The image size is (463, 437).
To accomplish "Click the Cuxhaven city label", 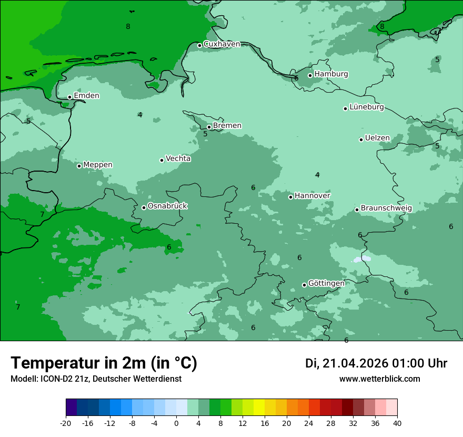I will click(x=222, y=44).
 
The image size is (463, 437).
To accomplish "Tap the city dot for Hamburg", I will click(x=310, y=75).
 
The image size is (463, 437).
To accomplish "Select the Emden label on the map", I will click(x=86, y=96).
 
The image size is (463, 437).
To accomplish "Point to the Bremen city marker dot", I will click(x=209, y=127).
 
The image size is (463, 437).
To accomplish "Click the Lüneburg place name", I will click(x=367, y=107).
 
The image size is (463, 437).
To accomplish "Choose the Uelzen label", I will click(x=377, y=138).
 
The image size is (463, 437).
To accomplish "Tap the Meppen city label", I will click(x=98, y=165).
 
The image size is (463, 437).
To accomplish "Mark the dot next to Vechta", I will click(x=162, y=160).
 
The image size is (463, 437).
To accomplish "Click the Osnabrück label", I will click(x=167, y=206).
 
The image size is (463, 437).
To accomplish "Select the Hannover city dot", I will click(x=290, y=197).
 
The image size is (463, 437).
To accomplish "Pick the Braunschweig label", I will click(x=386, y=208).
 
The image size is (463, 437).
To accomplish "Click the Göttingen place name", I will click(x=326, y=284).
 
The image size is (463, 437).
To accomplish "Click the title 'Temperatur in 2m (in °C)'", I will click(x=104, y=363).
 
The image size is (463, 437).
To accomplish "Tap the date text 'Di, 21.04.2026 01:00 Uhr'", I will click(x=376, y=363).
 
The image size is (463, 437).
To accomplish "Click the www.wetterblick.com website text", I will click(x=379, y=379).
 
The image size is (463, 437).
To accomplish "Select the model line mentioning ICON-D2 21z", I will click(x=96, y=379).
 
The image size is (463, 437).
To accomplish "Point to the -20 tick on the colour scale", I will click(x=66, y=423).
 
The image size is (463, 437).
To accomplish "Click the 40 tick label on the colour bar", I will click(x=397, y=423).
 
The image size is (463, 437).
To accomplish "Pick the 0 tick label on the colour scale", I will click(x=176, y=423).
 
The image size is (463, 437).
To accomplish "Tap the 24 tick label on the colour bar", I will click(x=309, y=423).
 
